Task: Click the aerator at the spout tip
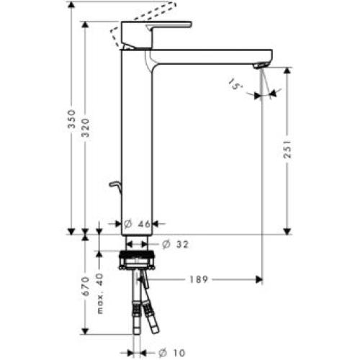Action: click(259, 66)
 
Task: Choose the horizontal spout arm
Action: click(209, 56)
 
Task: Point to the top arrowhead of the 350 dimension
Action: click(71, 5)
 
